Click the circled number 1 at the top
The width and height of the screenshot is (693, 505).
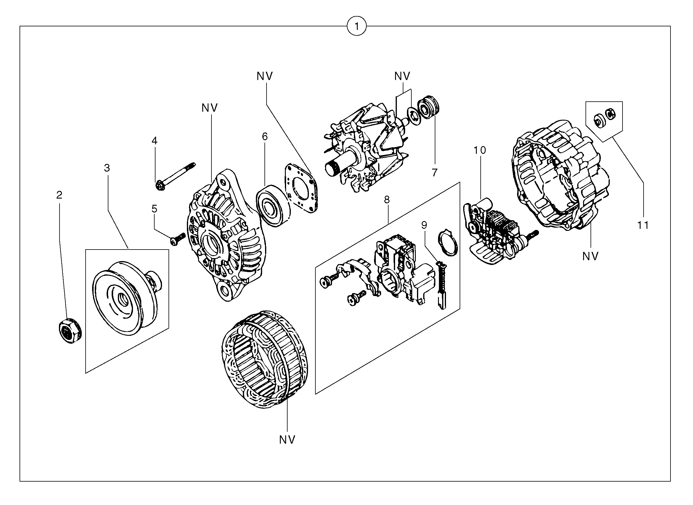356,27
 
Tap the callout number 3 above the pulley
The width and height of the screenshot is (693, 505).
107,168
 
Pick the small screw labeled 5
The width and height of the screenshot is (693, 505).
177,239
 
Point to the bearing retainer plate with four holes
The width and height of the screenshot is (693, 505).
301,188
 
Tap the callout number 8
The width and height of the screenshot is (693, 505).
387,200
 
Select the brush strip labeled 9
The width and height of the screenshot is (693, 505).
441,285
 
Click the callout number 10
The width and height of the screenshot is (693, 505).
480,150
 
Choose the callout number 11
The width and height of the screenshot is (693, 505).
643,225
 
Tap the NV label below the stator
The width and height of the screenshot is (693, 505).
287,440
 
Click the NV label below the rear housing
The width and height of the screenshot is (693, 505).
590,256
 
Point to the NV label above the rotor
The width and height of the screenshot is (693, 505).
402,76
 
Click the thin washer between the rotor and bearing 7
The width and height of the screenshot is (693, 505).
414,116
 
